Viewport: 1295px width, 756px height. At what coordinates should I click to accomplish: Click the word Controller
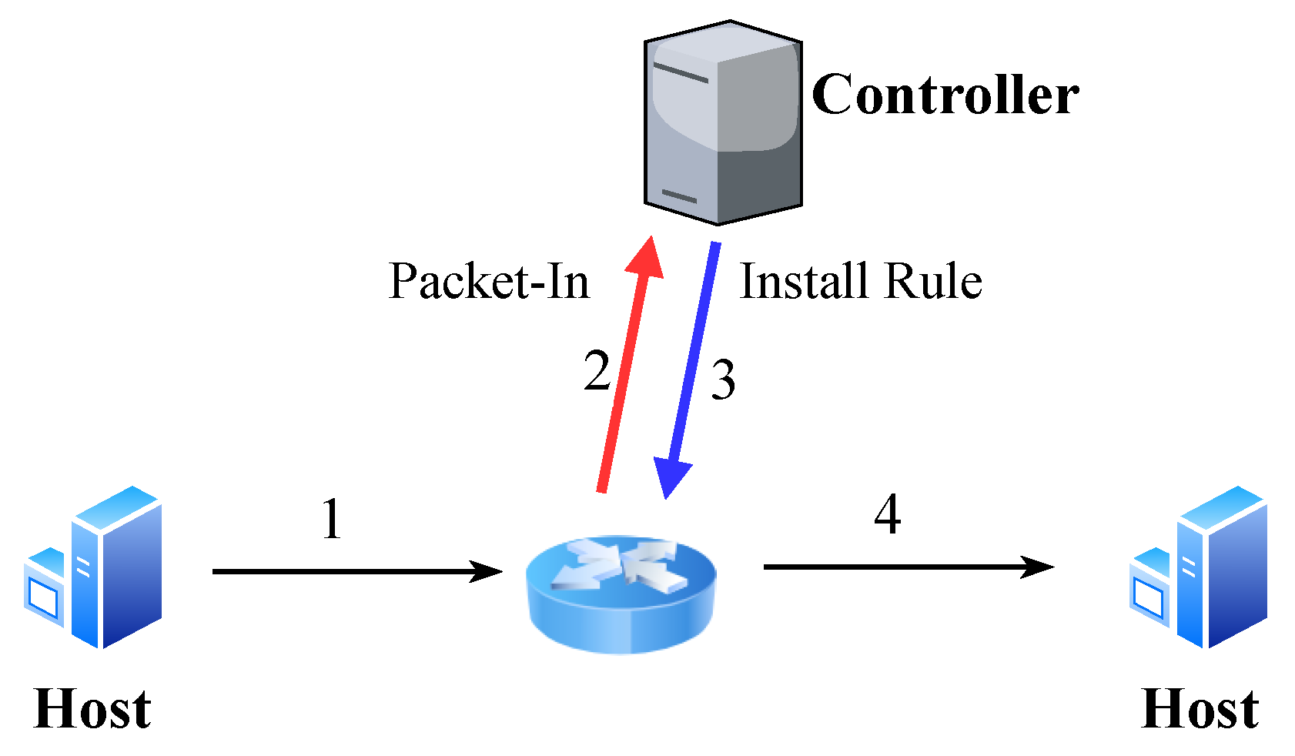click(945, 95)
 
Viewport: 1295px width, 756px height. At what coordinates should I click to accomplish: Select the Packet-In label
click(489, 282)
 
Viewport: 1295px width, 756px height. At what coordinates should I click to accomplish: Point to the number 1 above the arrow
click(332, 520)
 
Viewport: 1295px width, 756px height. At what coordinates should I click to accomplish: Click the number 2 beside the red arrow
click(597, 372)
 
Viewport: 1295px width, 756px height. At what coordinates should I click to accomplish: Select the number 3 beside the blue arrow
click(722, 380)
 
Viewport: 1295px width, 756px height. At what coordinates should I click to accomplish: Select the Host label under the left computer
click(92, 709)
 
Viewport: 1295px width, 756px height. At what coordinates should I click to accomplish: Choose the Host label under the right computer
click(1200, 709)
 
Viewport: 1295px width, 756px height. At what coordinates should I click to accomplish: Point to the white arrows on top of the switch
click(620, 565)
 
